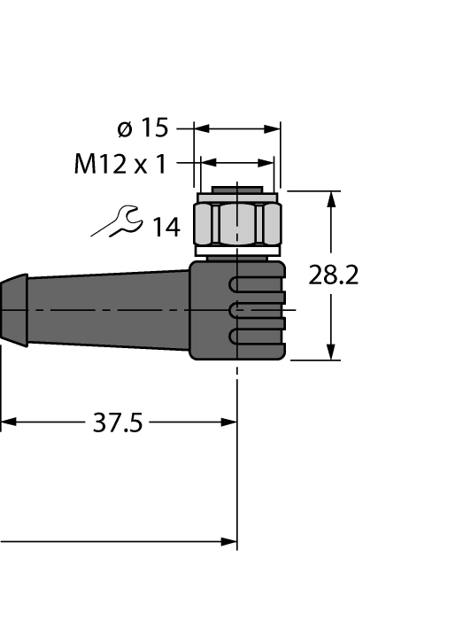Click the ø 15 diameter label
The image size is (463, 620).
(143, 128)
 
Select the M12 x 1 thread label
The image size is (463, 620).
(120, 164)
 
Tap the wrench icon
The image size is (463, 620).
(115, 222)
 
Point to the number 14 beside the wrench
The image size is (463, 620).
(165, 229)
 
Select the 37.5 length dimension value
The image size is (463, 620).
(118, 423)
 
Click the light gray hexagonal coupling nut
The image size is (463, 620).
(236, 223)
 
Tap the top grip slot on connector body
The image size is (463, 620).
(257, 285)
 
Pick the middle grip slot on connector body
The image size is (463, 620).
(257, 310)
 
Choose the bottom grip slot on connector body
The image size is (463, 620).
(257, 336)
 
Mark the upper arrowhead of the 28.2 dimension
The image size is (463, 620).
(332, 199)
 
